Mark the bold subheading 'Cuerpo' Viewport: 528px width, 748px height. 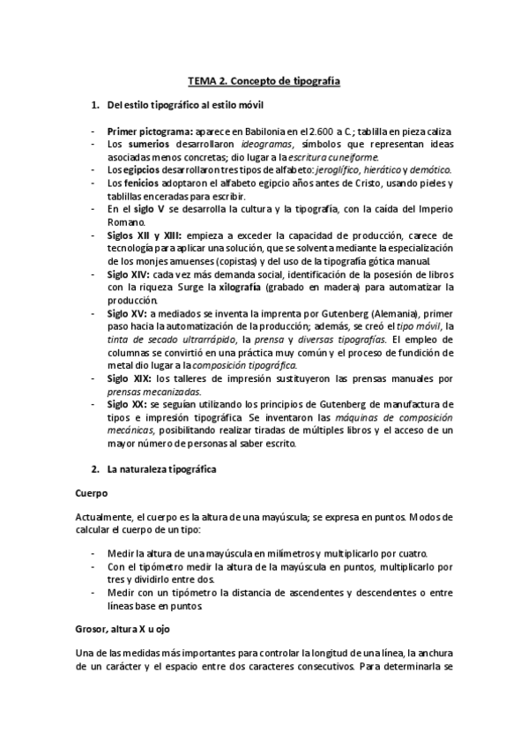(91, 496)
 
